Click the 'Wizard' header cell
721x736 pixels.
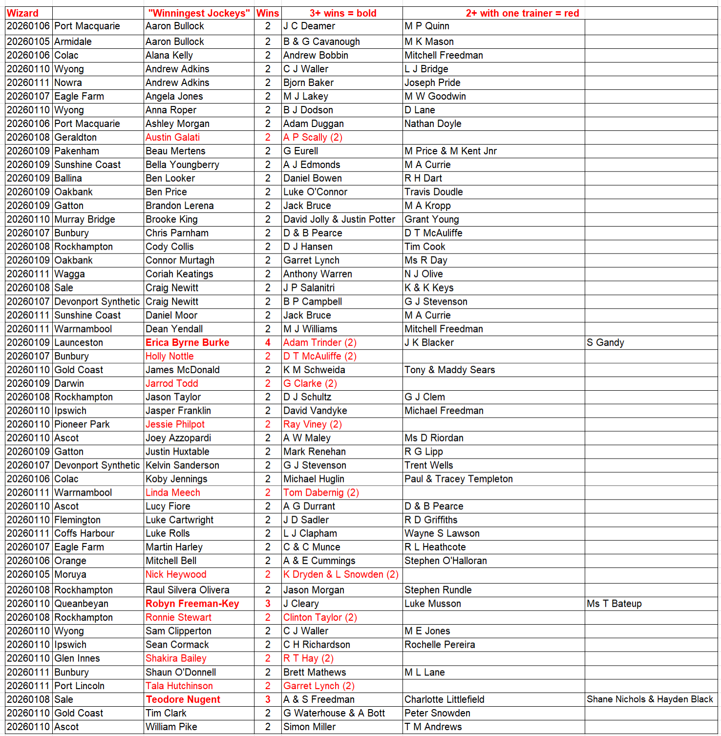pyautogui.click(x=22, y=13)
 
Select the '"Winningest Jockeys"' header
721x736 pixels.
pyautogui.click(x=199, y=13)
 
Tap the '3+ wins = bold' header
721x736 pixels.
pyautogui.click(x=343, y=13)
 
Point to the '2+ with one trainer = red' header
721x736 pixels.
pyautogui.click(x=522, y=13)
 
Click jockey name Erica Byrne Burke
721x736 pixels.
pyautogui.click(x=187, y=342)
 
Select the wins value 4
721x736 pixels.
pyautogui.click(x=268, y=342)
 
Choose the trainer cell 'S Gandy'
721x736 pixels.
pyautogui.click(x=605, y=342)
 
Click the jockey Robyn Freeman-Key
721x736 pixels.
pyautogui.click(x=192, y=604)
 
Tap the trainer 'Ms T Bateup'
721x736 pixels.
pyautogui.click(x=614, y=604)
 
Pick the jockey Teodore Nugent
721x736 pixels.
pyautogui.click(x=183, y=699)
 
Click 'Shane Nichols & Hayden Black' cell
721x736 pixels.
pyautogui.click(x=650, y=699)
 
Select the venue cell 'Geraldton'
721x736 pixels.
pyautogui.click(x=75, y=137)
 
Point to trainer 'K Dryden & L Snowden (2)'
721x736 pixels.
pyautogui.click(x=341, y=574)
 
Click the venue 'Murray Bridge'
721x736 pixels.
pyautogui.click(x=85, y=219)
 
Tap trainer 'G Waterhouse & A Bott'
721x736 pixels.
pyautogui.click(x=334, y=713)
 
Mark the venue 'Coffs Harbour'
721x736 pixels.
pyautogui.click(x=84, y=533)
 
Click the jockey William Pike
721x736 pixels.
pyautogui.click(x=171, y=727)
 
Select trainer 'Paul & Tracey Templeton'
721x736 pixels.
pyautogui.click(x=458, y=479)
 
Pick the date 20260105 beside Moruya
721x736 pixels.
pyautogui.click(x=28, y=574)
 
